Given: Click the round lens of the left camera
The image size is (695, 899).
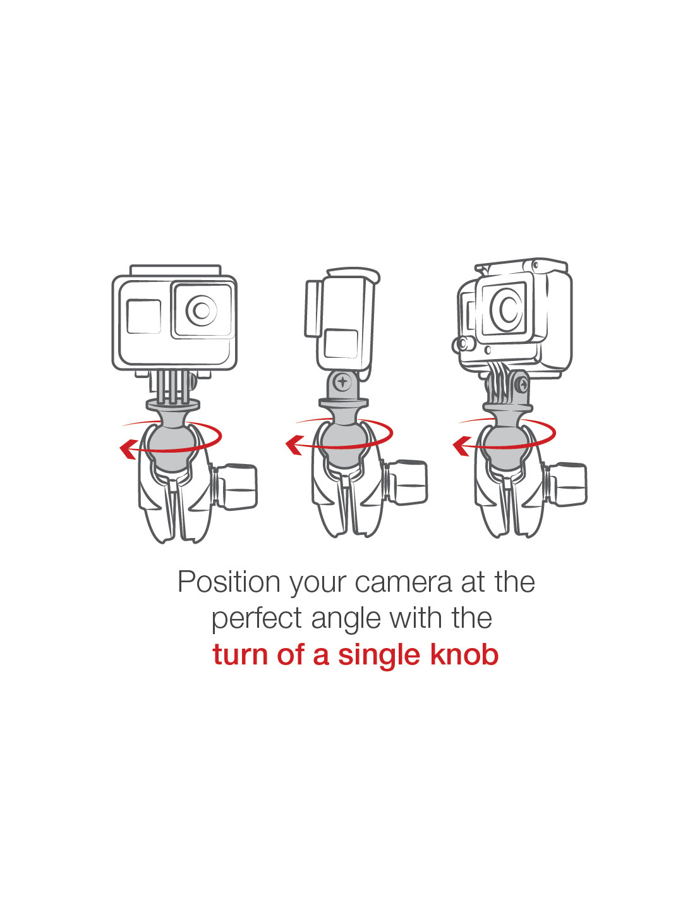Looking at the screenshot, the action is (202, 310).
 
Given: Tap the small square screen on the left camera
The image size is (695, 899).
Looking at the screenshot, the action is (144, 317).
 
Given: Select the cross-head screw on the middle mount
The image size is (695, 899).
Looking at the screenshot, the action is (342, 381).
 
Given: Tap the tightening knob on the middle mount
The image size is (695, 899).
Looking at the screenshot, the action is (406, 482).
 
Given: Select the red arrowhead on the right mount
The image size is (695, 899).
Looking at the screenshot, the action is (461, 446).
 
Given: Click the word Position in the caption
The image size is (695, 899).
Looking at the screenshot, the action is (229, 583).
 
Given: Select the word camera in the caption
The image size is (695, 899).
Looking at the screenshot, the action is (403, 584).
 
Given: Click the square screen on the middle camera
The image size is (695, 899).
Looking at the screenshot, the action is (341, 343).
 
